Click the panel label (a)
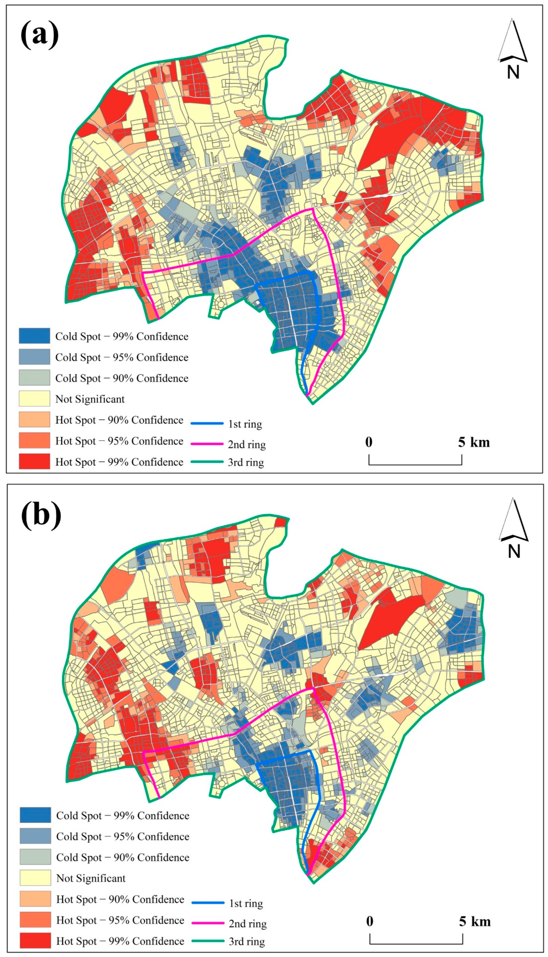(x=40, y=35)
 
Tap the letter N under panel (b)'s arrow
(x=514, y=552)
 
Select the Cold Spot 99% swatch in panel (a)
(x=34, y=336)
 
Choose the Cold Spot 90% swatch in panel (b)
(x=35, y=857)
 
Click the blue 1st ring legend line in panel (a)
(x=207, y=424)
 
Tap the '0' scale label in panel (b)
(x=370, y=921)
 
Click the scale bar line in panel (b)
(x=416, y=943)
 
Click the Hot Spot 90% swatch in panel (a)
(x=34, y=419)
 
